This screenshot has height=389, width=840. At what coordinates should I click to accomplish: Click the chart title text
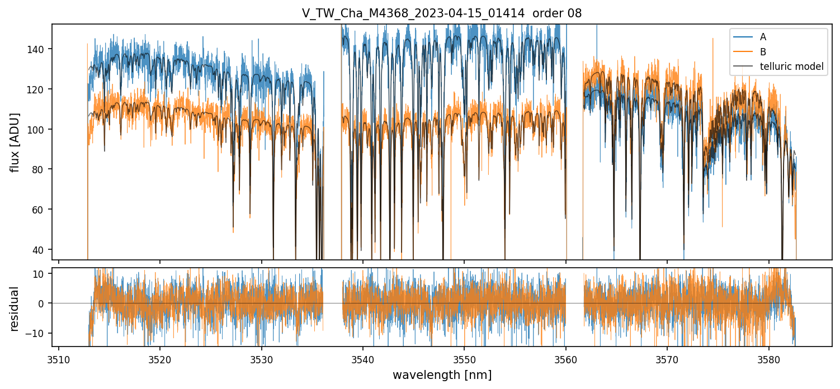click(442, 13)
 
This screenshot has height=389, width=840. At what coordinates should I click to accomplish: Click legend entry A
click(763, 37)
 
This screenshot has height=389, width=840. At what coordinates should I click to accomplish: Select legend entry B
click(763, 52)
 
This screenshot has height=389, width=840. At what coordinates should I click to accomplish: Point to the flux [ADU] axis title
click(15, 142)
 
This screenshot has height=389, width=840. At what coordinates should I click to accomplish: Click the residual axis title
click(15, 309)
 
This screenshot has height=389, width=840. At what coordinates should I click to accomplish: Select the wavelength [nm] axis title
click(442, 375)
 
